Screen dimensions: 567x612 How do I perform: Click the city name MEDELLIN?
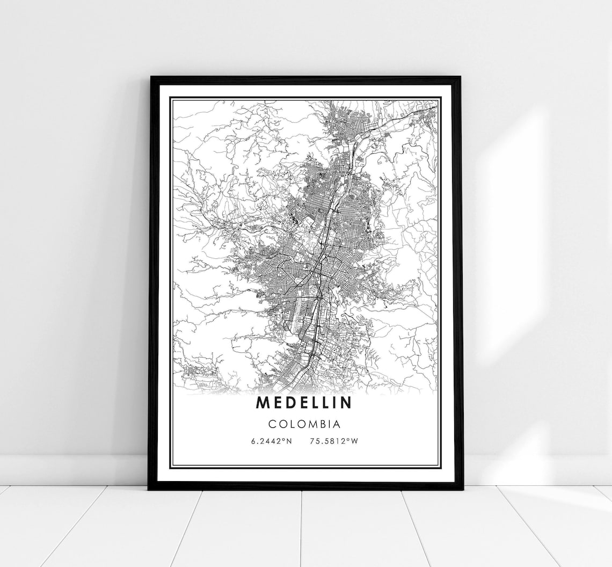304,402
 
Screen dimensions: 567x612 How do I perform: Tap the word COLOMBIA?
304,424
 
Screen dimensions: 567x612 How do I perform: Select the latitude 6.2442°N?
272,442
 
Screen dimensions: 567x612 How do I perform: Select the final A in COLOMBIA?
337,424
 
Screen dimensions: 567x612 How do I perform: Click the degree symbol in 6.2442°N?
282,440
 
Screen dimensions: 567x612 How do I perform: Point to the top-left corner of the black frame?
151,78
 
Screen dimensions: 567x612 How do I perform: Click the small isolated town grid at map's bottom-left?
193,376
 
